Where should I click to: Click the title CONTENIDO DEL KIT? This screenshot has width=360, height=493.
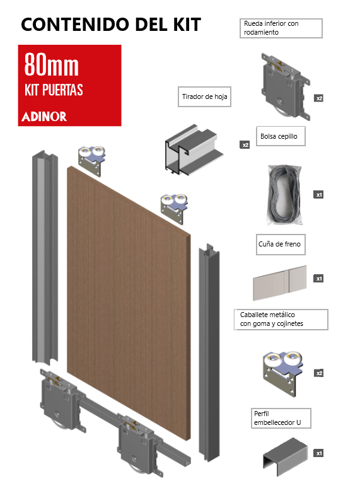111,25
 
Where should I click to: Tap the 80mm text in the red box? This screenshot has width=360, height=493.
52,65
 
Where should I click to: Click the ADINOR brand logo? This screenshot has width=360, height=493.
44,117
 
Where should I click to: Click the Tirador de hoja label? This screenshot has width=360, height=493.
204,96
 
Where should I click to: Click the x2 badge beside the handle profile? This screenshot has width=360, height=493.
245,145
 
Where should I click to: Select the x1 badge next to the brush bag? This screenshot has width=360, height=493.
318,195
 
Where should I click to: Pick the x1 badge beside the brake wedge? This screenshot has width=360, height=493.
318,278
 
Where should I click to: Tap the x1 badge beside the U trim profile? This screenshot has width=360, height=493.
318,453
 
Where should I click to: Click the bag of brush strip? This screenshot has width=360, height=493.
285,195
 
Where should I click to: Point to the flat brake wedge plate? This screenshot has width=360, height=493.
279,282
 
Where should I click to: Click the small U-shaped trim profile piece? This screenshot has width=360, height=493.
285,456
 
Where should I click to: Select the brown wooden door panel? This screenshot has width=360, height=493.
129,303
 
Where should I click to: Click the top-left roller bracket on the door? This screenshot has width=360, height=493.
91,161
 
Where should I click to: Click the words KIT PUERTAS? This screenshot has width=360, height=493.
54,90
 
